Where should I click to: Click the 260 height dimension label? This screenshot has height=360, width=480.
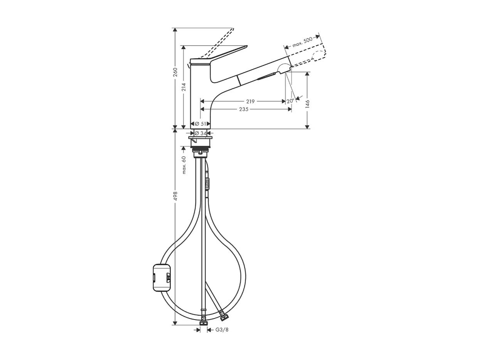pos(175,72)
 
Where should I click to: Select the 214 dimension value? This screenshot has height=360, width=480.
pos(184,87)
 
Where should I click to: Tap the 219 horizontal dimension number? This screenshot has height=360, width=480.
pos(250,101)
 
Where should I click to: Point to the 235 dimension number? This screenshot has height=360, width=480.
pos(244,109)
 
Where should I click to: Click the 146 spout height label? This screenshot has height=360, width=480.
pos(307,103)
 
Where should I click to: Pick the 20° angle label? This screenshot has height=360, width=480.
pos(290,101)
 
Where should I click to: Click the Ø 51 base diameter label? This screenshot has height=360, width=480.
pos(200,124)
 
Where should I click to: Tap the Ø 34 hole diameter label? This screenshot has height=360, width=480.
pos(200,133)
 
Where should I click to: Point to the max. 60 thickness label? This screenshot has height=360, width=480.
pos(184,164)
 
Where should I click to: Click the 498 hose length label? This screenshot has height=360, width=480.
pos(175,196)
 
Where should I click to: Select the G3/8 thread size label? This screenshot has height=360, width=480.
pos(222,330)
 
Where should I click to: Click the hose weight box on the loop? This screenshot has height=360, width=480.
pos(162,277)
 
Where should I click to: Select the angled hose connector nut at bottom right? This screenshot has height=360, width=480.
pos(224,316)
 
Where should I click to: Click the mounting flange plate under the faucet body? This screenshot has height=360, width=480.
pos(200,137)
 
